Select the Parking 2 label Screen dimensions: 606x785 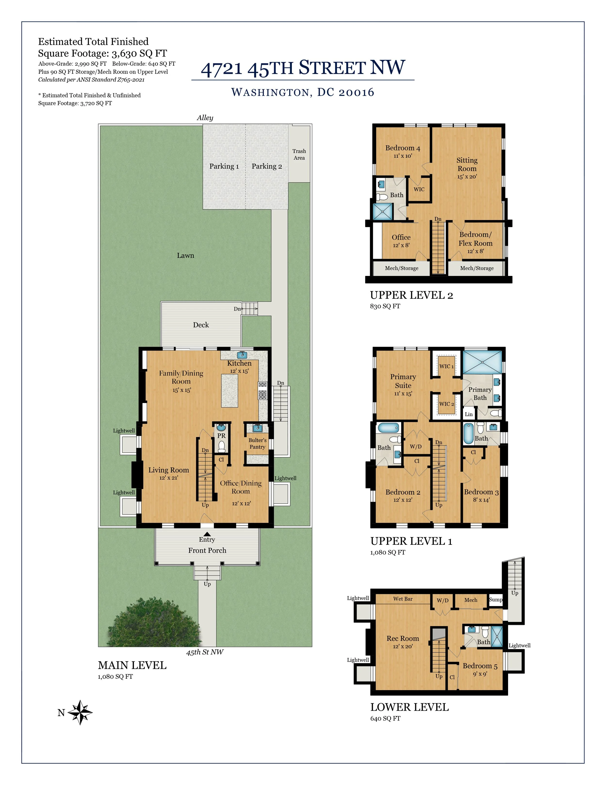[x=267, y=166]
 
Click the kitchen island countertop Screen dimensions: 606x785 [x=229, y=391]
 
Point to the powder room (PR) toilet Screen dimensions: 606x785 [x=222, y=446]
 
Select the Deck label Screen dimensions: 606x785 [x=201, y=325]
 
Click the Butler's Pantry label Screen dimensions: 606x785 [x=257, y=444]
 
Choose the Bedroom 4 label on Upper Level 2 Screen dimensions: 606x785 [x=402, y=148]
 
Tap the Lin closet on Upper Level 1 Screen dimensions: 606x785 [x=469, y=414]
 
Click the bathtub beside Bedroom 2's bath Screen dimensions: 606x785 [x=388, y=428]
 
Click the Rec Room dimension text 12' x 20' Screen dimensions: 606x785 [x=403, y=646]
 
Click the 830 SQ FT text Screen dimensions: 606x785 [x=385, y=306]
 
